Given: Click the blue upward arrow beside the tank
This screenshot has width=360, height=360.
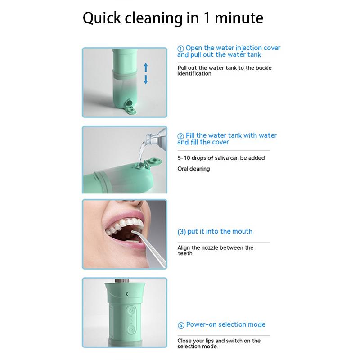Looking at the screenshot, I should click(146, 68).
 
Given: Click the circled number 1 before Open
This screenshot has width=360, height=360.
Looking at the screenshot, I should click(180, 48).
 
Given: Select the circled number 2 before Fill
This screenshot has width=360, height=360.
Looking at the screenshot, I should click(180, 135).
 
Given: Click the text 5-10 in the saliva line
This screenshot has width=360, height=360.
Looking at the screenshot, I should click(184, 158).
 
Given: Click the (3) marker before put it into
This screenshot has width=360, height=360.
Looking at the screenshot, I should click(181, 232).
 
